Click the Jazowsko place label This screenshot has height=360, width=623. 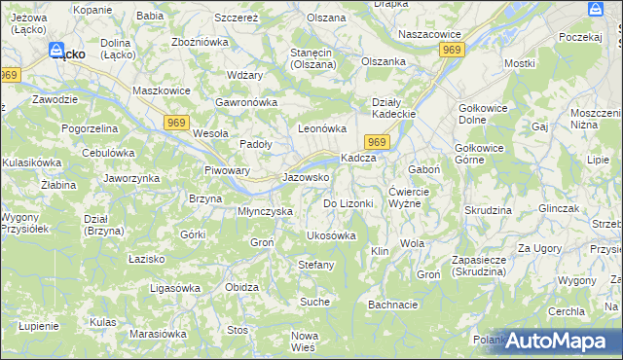(306, 178)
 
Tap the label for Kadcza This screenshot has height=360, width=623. (357, 159)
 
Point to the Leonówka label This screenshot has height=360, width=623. (322, 128)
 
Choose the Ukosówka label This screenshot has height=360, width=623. (331, 235)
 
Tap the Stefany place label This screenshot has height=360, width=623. (315, 265)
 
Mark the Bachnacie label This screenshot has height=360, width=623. (393, 305)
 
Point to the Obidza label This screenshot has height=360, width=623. (241, 287)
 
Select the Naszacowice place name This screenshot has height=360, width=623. (429, 33)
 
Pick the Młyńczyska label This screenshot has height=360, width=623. (266, 210)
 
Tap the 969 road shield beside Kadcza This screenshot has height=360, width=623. (379, 143)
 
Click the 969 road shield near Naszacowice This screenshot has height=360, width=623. (450, 49)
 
